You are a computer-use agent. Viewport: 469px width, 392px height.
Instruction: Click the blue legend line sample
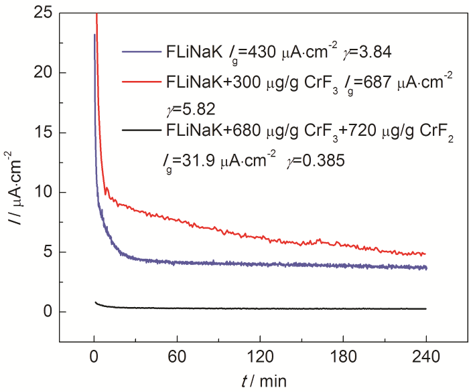(141, 51)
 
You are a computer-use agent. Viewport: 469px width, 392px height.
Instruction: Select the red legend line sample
(141, 82)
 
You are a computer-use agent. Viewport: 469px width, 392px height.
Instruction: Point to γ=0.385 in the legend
(318, 161)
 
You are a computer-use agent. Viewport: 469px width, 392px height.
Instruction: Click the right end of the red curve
(425, 254)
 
